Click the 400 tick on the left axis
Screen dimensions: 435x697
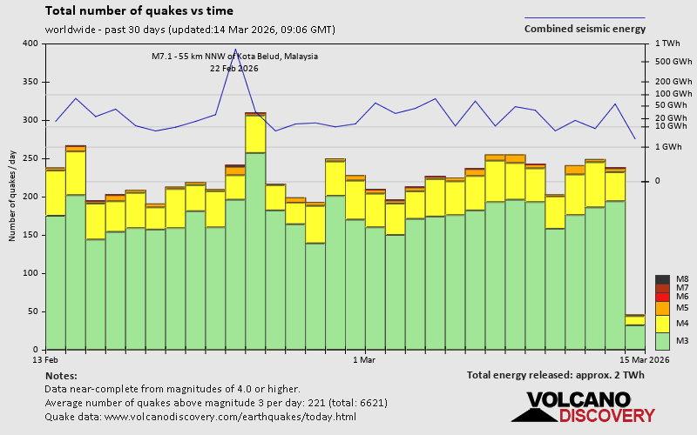tap(30, 43)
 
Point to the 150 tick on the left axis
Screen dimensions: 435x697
tap(30, 235)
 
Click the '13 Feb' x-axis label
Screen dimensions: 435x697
tap(45, 359)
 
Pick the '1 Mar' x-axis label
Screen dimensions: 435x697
tap(363, 359)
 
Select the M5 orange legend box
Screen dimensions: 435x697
tap(662, 308)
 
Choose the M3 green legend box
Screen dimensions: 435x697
tap(662, 340)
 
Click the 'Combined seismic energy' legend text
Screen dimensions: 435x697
tap(585, 29)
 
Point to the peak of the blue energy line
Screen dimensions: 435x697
tap(235, 50)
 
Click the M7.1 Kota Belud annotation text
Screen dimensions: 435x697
tap(234, 57)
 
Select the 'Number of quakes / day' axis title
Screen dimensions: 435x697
tap(13, 196)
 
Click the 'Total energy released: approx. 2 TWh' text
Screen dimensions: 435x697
tap(555, 375)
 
